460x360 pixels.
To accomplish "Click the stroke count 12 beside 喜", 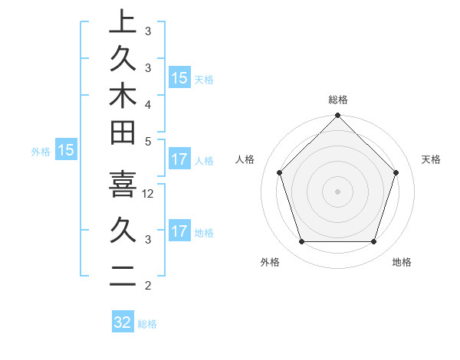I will [x=149, y=194].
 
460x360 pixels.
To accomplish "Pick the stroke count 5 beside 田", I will [x=147, y=140].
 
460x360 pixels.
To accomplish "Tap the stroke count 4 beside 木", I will [x=147, y=103].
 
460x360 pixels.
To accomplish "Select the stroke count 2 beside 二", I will [x=147, y=286].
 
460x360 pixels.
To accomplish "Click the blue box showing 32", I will [x=123, y=322].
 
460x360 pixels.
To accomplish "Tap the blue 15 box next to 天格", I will [x=179, y=77].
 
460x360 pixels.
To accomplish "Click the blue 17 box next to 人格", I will [x=179, y=159].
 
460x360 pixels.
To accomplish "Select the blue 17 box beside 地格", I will [x=179, y=231].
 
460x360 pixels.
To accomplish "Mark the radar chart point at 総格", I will [x=337, y=117].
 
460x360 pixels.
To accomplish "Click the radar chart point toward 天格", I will [x=396, y=172].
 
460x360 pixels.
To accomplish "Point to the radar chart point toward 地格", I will [x=374, y=241].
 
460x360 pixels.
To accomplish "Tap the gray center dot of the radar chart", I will [x=337, y=191].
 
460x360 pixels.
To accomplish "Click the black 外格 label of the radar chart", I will [x=270, y=262].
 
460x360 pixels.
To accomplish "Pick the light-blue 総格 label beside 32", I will [x=147, y=324].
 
